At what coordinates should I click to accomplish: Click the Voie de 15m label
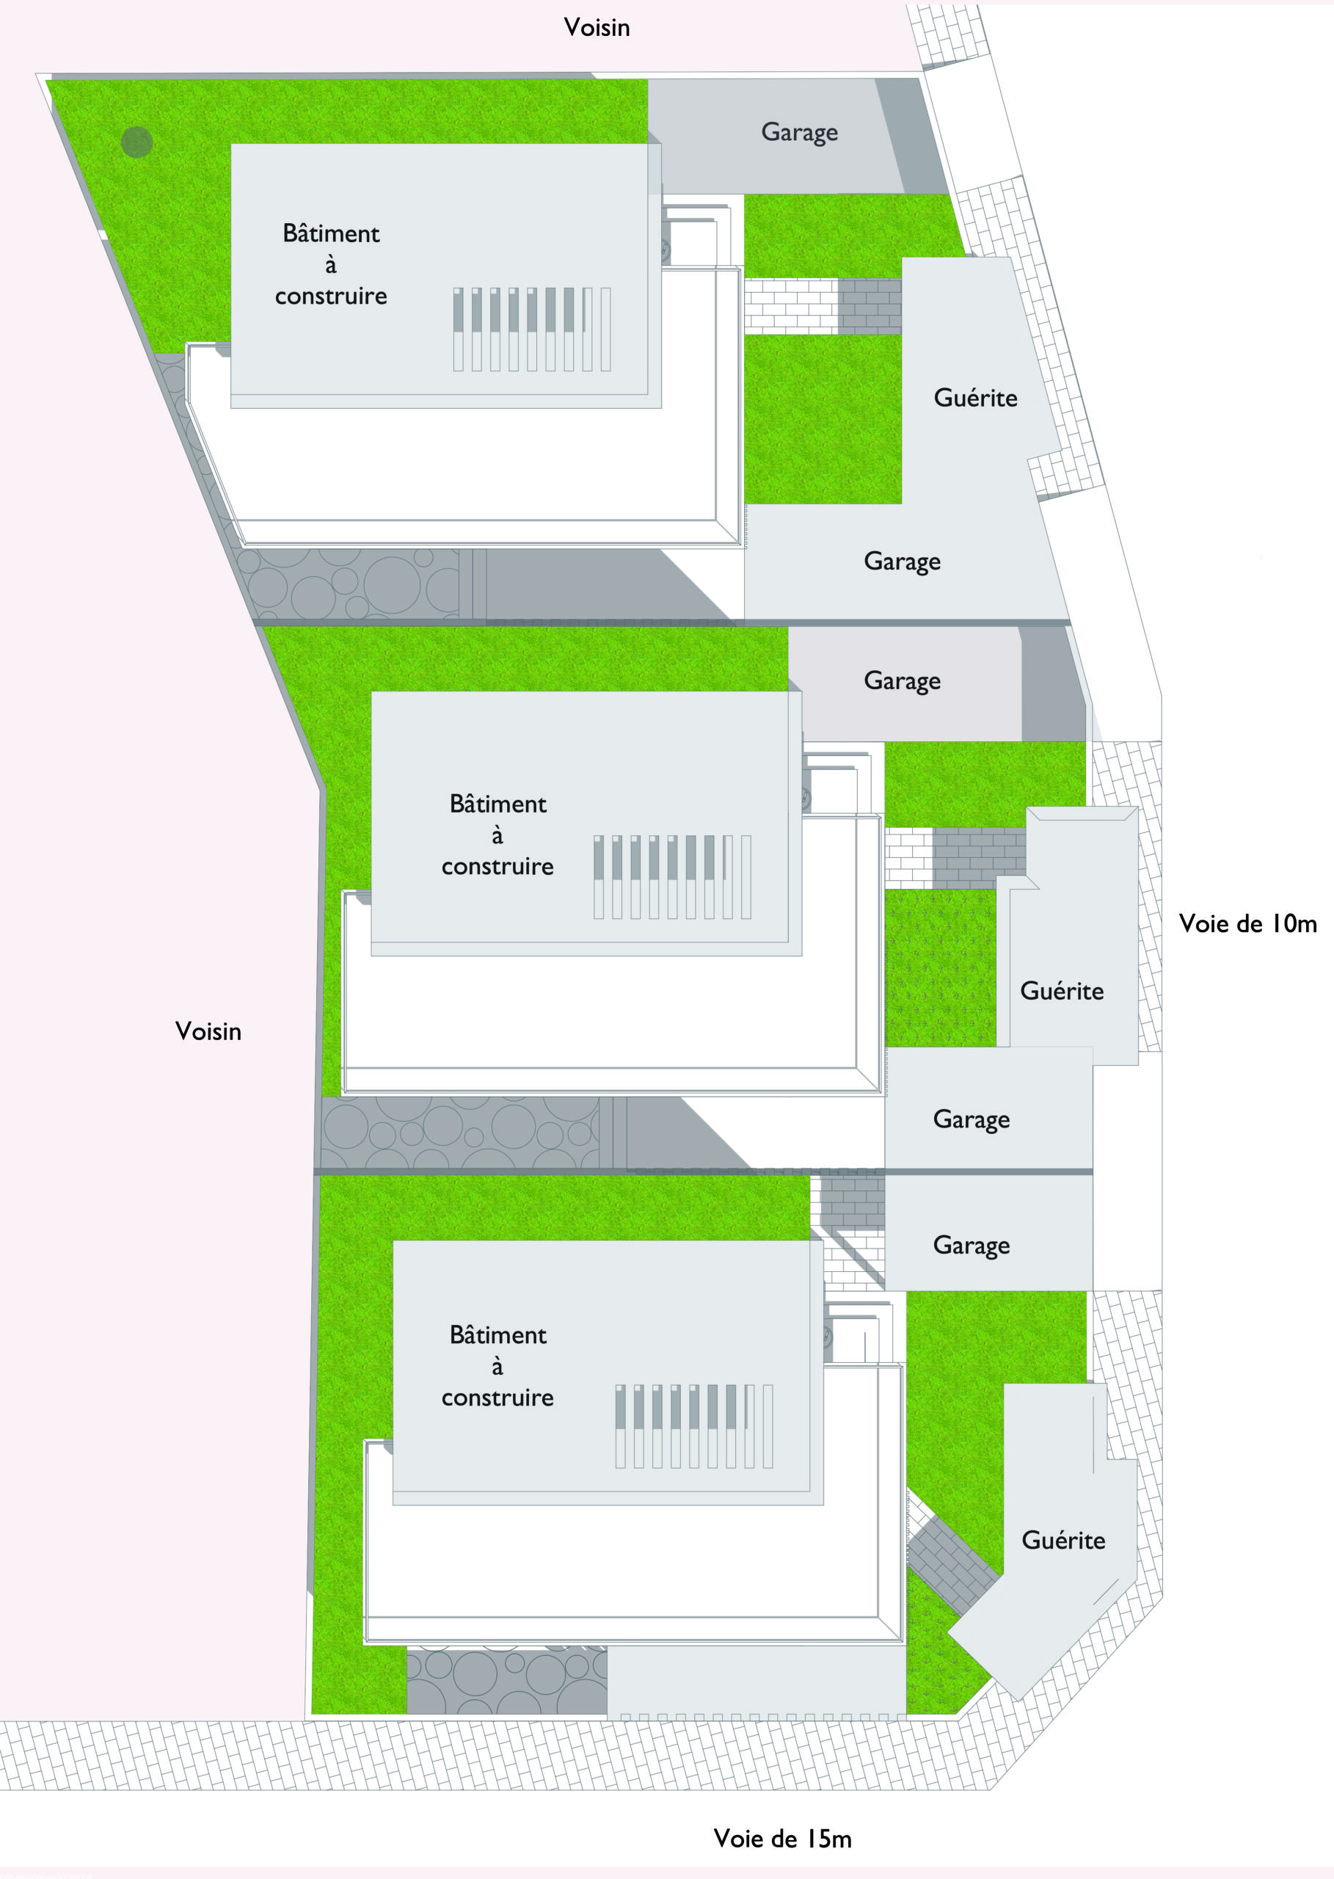tap(782, 1838)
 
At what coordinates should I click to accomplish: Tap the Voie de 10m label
tap(1247, 923)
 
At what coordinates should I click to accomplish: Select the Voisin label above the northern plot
tap(597, 27)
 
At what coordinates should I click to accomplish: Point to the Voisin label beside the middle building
tap(208, 1031)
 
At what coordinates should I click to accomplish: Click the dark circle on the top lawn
tap(137, 142)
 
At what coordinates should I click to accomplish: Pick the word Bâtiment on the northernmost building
tap(331, 234)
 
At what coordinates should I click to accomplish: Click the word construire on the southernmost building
tap(497, 1398)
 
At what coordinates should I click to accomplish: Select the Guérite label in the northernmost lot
tap(975, 399)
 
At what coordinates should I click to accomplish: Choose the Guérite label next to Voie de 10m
tap(1061, 991)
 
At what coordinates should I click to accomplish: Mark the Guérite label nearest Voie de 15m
tap(1063, 1540)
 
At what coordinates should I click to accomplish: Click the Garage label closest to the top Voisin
tap(799, 132)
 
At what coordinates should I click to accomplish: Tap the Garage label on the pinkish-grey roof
tap(902, 681)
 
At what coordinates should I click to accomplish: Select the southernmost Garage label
tap(971, 1246)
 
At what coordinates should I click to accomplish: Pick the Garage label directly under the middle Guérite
tap(971, 1120)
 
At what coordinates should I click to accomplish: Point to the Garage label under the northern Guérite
tap(902, 562)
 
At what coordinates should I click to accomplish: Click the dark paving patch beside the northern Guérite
tap(870, 307)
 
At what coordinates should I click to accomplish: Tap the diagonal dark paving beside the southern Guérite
tap(952, 1565)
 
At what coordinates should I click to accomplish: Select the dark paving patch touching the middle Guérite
tap(979, 857)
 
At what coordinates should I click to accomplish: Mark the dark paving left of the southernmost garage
tap(853, 1202)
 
